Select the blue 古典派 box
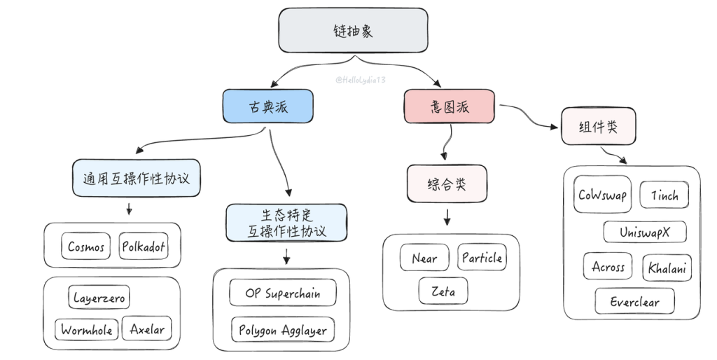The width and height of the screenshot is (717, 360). coord(267,106)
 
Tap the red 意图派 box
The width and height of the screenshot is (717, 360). coord(449,106)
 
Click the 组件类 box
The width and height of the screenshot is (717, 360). coord(599,127)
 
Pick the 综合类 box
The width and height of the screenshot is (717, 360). coord(447,184)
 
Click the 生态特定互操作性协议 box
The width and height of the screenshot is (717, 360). coord(286,222)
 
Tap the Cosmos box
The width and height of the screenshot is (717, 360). coord(87,247)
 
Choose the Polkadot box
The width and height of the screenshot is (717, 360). coord(144,247)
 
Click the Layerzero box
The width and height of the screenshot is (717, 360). coord(99,297)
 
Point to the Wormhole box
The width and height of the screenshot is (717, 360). coord(86,330)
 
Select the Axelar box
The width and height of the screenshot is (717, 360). coord(146,329)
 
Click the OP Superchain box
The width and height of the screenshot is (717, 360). coord(282,293)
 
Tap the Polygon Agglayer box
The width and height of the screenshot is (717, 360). coord(282,330)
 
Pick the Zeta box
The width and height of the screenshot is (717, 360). coord(443,291)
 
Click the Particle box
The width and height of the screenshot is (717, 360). coord(482,258)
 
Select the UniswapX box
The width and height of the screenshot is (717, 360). coord(644,232)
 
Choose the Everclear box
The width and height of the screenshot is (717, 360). coord(636,302)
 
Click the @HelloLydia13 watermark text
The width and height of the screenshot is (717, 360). coord(361,81)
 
